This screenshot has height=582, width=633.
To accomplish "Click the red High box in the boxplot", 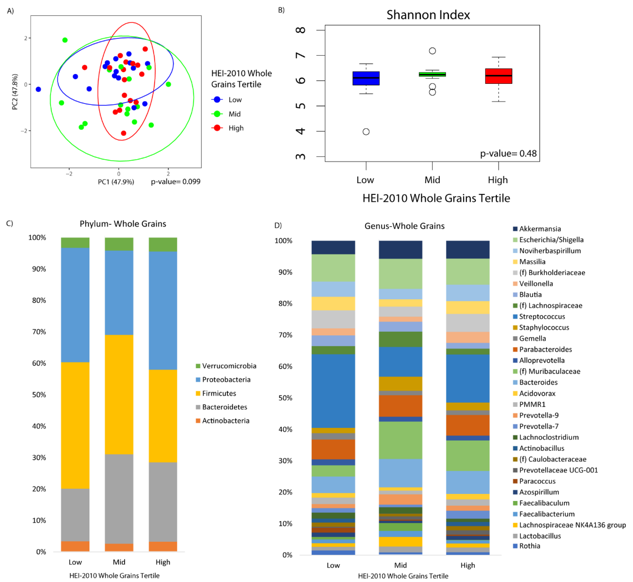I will tap(498, 76).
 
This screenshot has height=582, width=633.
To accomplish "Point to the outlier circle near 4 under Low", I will tap(366, 132).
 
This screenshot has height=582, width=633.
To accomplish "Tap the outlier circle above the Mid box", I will tap(432, 51).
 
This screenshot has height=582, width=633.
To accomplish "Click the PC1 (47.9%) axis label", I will tap(116, 182).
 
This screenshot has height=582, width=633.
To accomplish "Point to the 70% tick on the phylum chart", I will tap(39, 332).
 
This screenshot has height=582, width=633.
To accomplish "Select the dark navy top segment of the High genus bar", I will tap(468, 249).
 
